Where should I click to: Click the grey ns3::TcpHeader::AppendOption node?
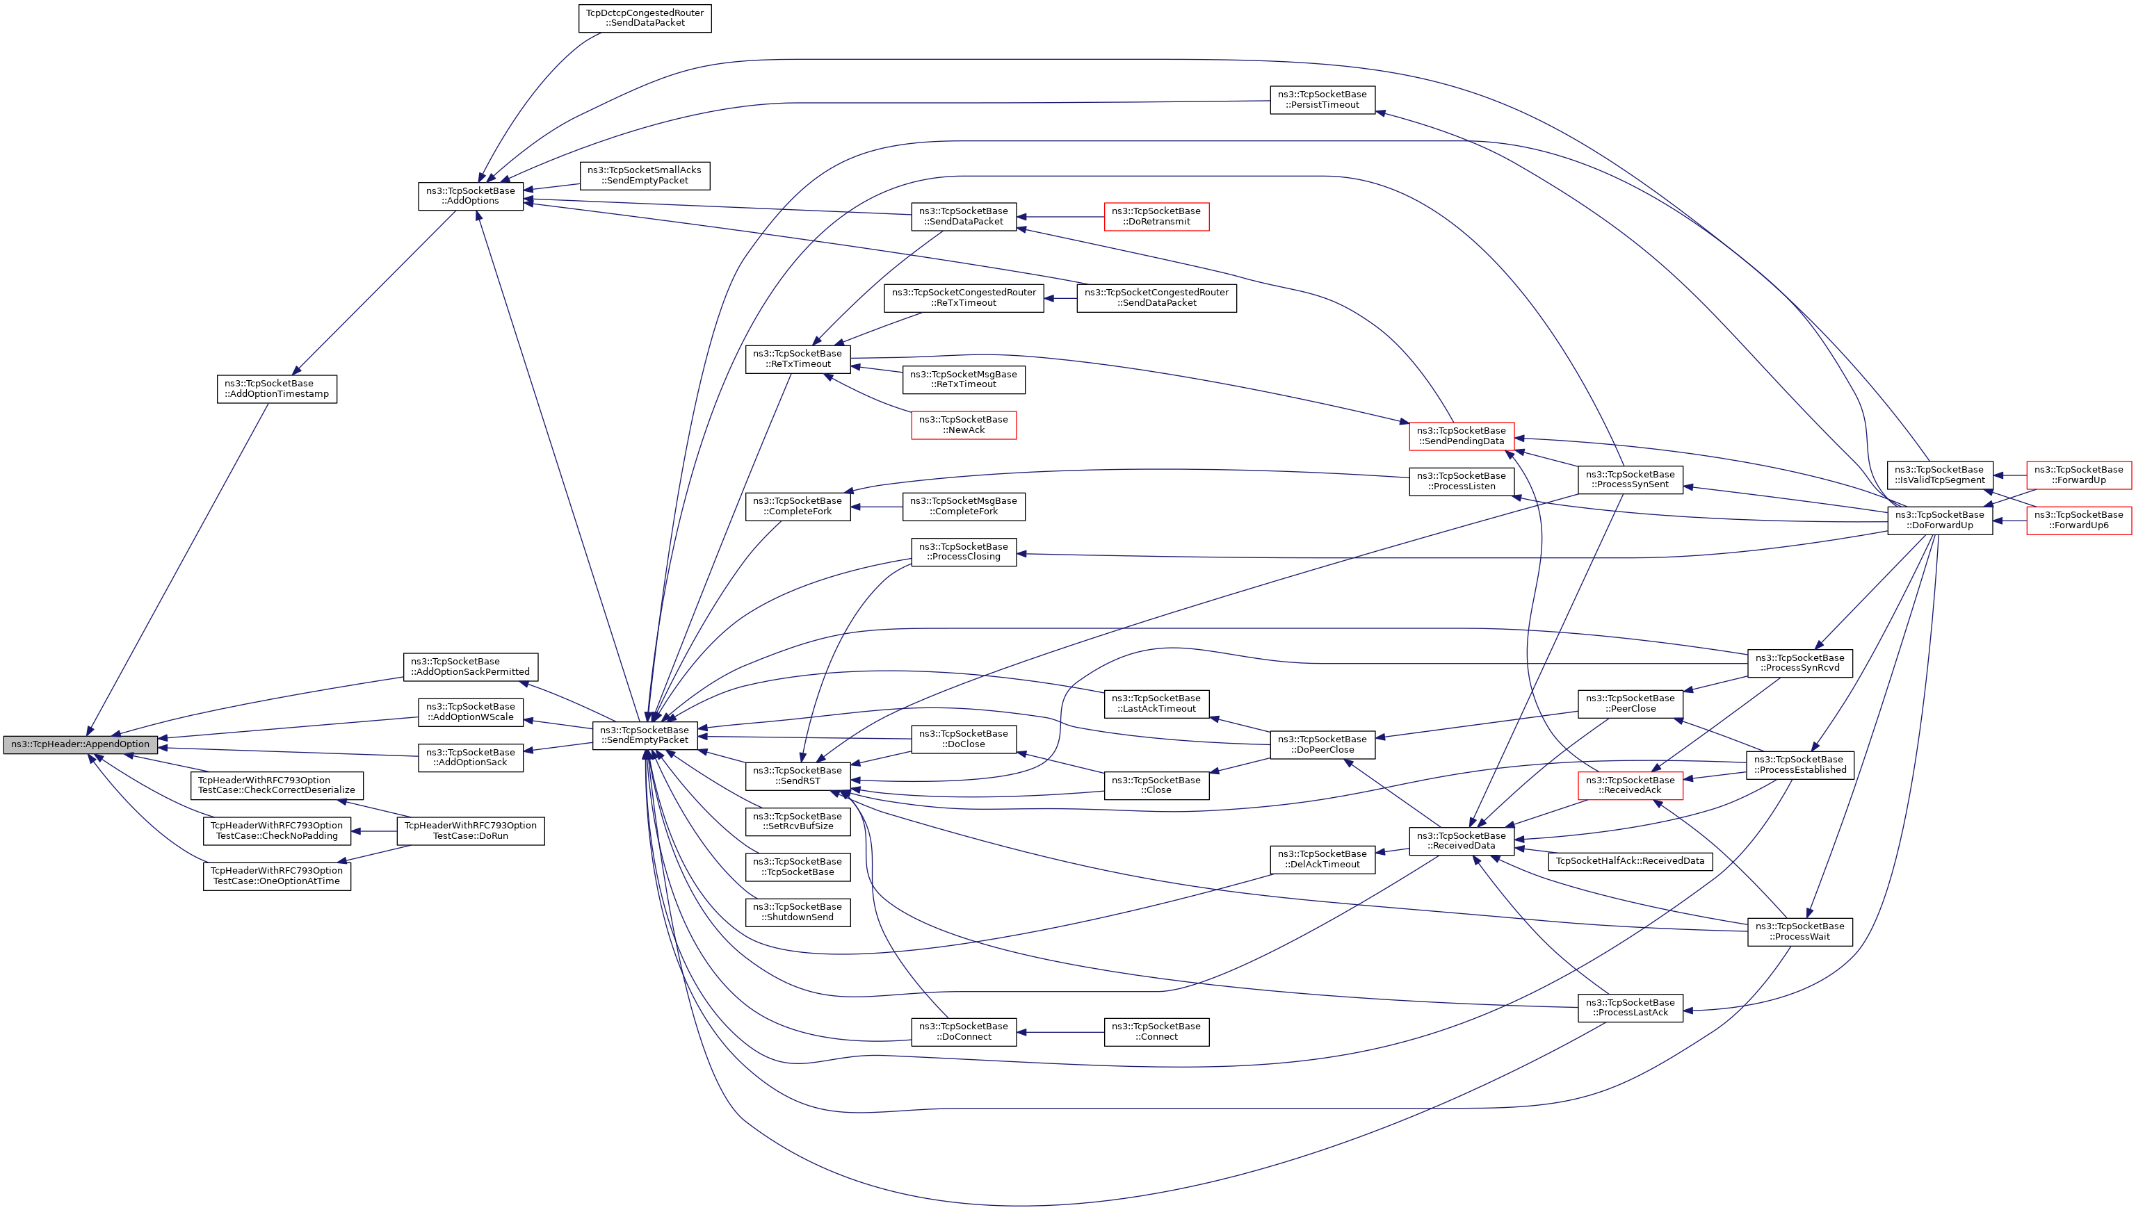(x=80, y=744)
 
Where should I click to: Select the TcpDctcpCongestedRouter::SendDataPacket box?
(x=645, y=17)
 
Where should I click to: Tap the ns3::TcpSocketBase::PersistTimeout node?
(x=1322, y=99)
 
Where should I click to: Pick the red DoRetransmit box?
(x=1156, y=216)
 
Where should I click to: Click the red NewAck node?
(x=963, y=425)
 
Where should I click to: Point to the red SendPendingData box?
(x=1461, y=436)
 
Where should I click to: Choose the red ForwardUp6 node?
(x=2078, y=521)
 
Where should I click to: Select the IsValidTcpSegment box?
(x=1939, y=475)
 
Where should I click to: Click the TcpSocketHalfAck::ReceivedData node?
(x=1630, y=861)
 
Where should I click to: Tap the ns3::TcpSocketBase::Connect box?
(x=1156, y=1031)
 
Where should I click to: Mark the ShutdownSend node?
(x=798, y=912)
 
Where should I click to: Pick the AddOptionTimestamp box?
(x=277, y=389)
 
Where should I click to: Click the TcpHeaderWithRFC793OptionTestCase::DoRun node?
(x=470, y=831)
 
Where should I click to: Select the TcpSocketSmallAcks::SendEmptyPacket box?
(x=645, y=175)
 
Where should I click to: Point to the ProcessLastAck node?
(x=1630, y=1007)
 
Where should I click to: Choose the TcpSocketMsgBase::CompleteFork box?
(x=963, y=506)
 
